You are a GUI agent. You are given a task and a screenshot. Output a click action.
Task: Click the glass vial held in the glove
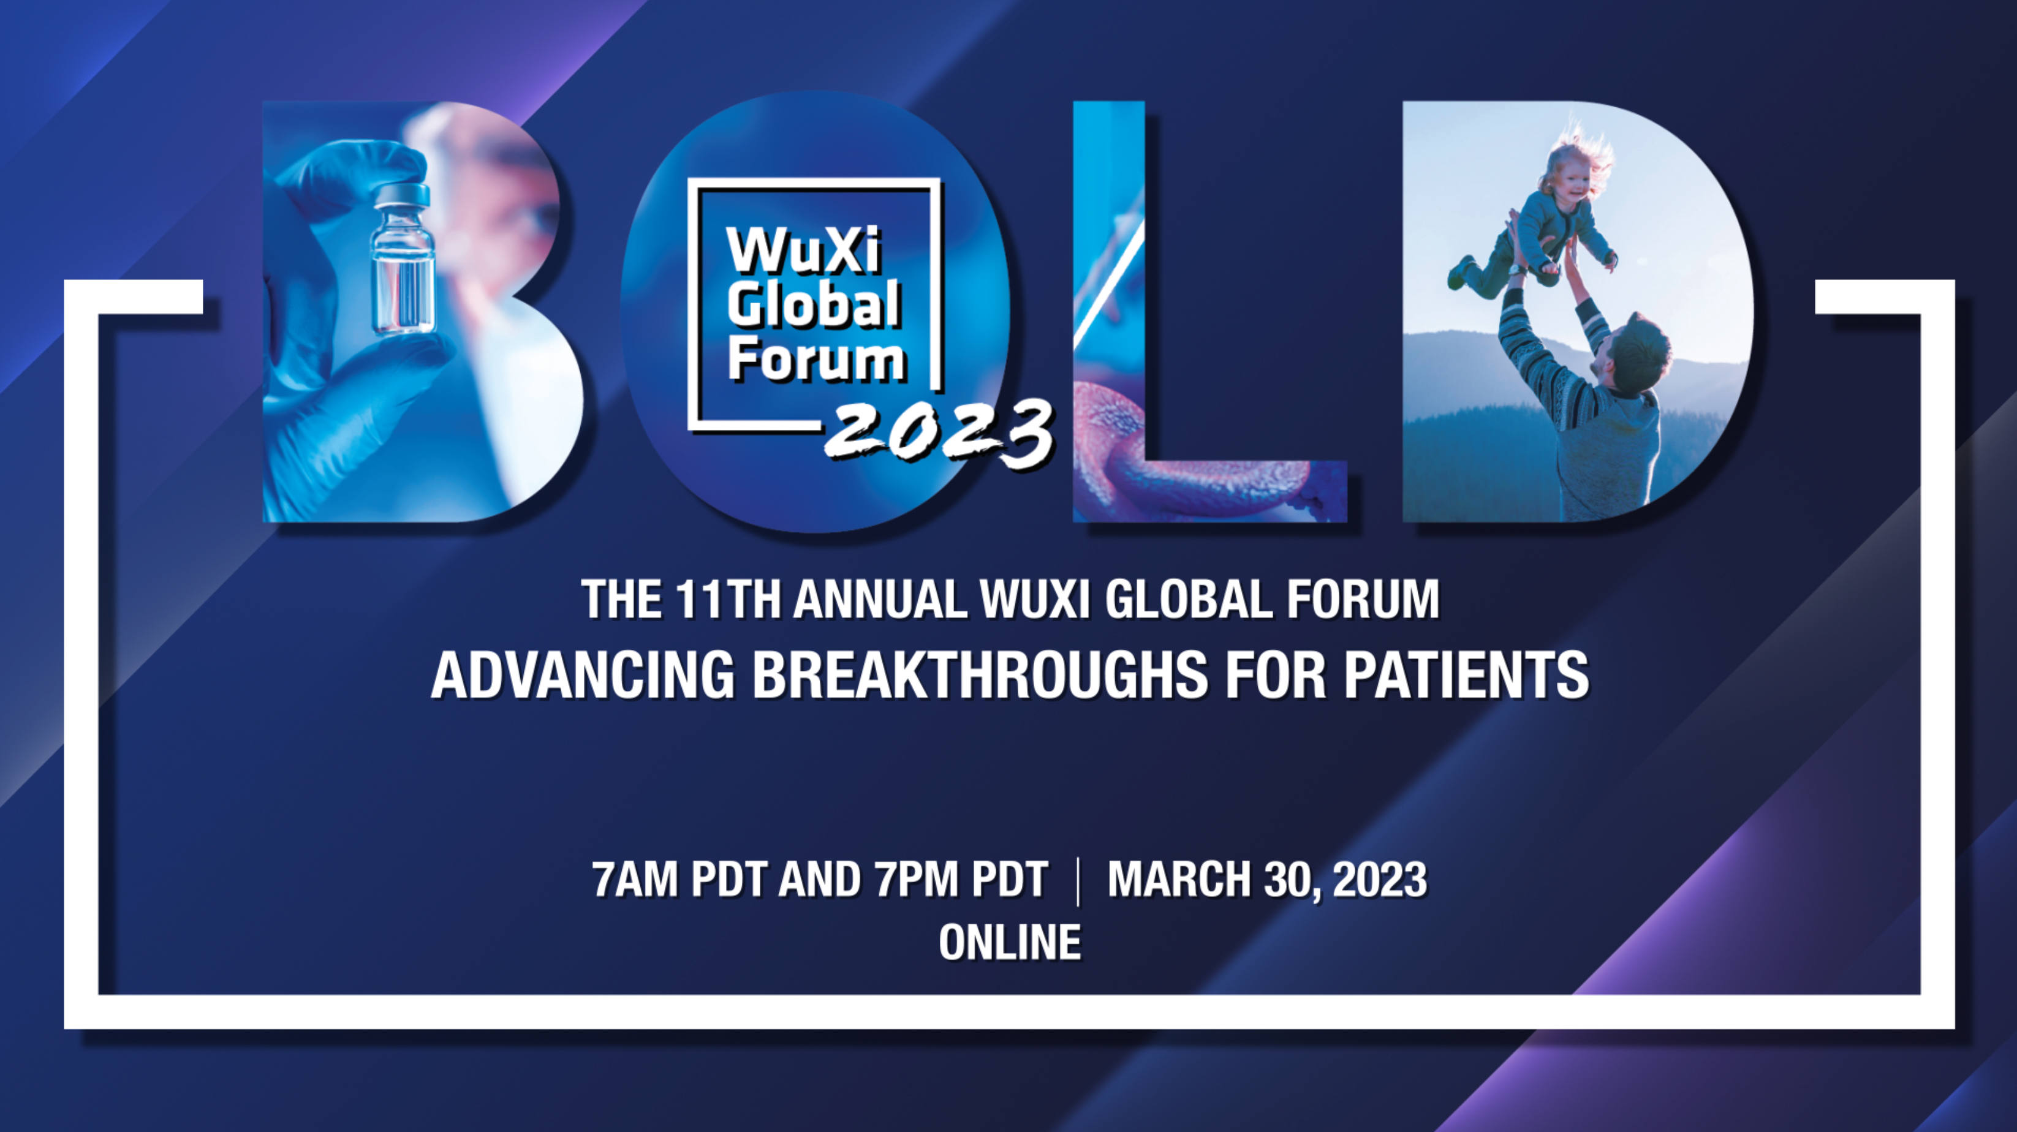[x=403, y=258]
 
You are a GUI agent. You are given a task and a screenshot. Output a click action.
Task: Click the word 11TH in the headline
[x=727, y=600]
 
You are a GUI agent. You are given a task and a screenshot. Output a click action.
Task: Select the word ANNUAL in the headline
[x=879, y=600]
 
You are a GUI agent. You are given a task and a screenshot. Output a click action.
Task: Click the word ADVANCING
[x=583, y=675]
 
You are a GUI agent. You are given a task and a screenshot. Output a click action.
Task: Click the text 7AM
[x=635, y=879]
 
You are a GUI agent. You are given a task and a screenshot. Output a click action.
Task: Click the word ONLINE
[x=1010, y=943]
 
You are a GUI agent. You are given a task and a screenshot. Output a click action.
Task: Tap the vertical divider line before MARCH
[x=1078, y=881]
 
